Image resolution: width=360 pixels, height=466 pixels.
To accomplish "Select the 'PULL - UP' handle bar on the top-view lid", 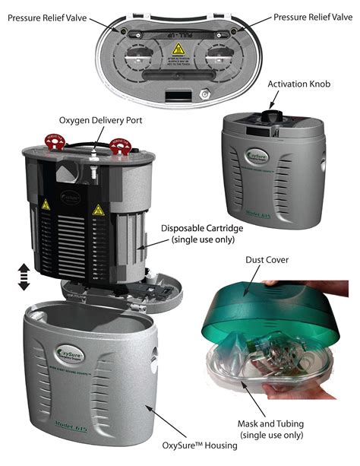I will [178, 33].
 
